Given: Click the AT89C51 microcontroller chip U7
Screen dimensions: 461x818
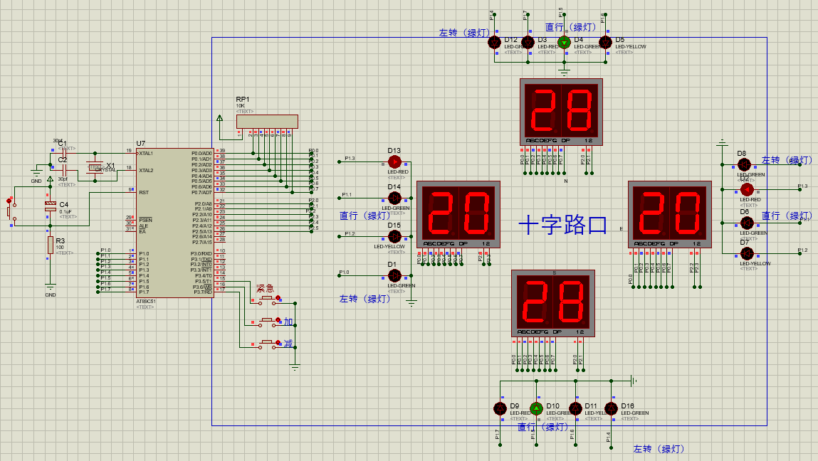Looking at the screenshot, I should point(174,223).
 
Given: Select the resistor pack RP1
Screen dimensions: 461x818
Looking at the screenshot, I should point(267,122).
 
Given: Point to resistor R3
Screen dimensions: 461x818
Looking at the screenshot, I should point(51,245).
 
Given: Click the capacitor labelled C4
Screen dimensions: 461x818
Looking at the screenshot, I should point(50,206).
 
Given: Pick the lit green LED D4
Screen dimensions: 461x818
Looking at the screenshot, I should point(565,43).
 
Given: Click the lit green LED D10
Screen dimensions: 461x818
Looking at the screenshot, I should point(536,408).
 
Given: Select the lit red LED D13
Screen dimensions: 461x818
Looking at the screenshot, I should point(394,161).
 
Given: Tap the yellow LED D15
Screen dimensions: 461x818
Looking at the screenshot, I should point(394,235).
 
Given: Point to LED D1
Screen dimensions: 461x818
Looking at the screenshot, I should point(394,275).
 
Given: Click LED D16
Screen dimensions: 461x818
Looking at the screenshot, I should point(611,408).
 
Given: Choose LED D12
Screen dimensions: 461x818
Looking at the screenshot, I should point(495,43).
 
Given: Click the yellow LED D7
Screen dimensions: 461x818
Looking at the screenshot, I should point(747,253).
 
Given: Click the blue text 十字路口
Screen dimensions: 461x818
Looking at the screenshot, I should point(563,226).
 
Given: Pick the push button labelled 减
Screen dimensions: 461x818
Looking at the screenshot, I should point(268,344).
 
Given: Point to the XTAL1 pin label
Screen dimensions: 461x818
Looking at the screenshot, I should point(146,153).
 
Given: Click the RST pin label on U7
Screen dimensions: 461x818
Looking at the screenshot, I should point(144,192).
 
